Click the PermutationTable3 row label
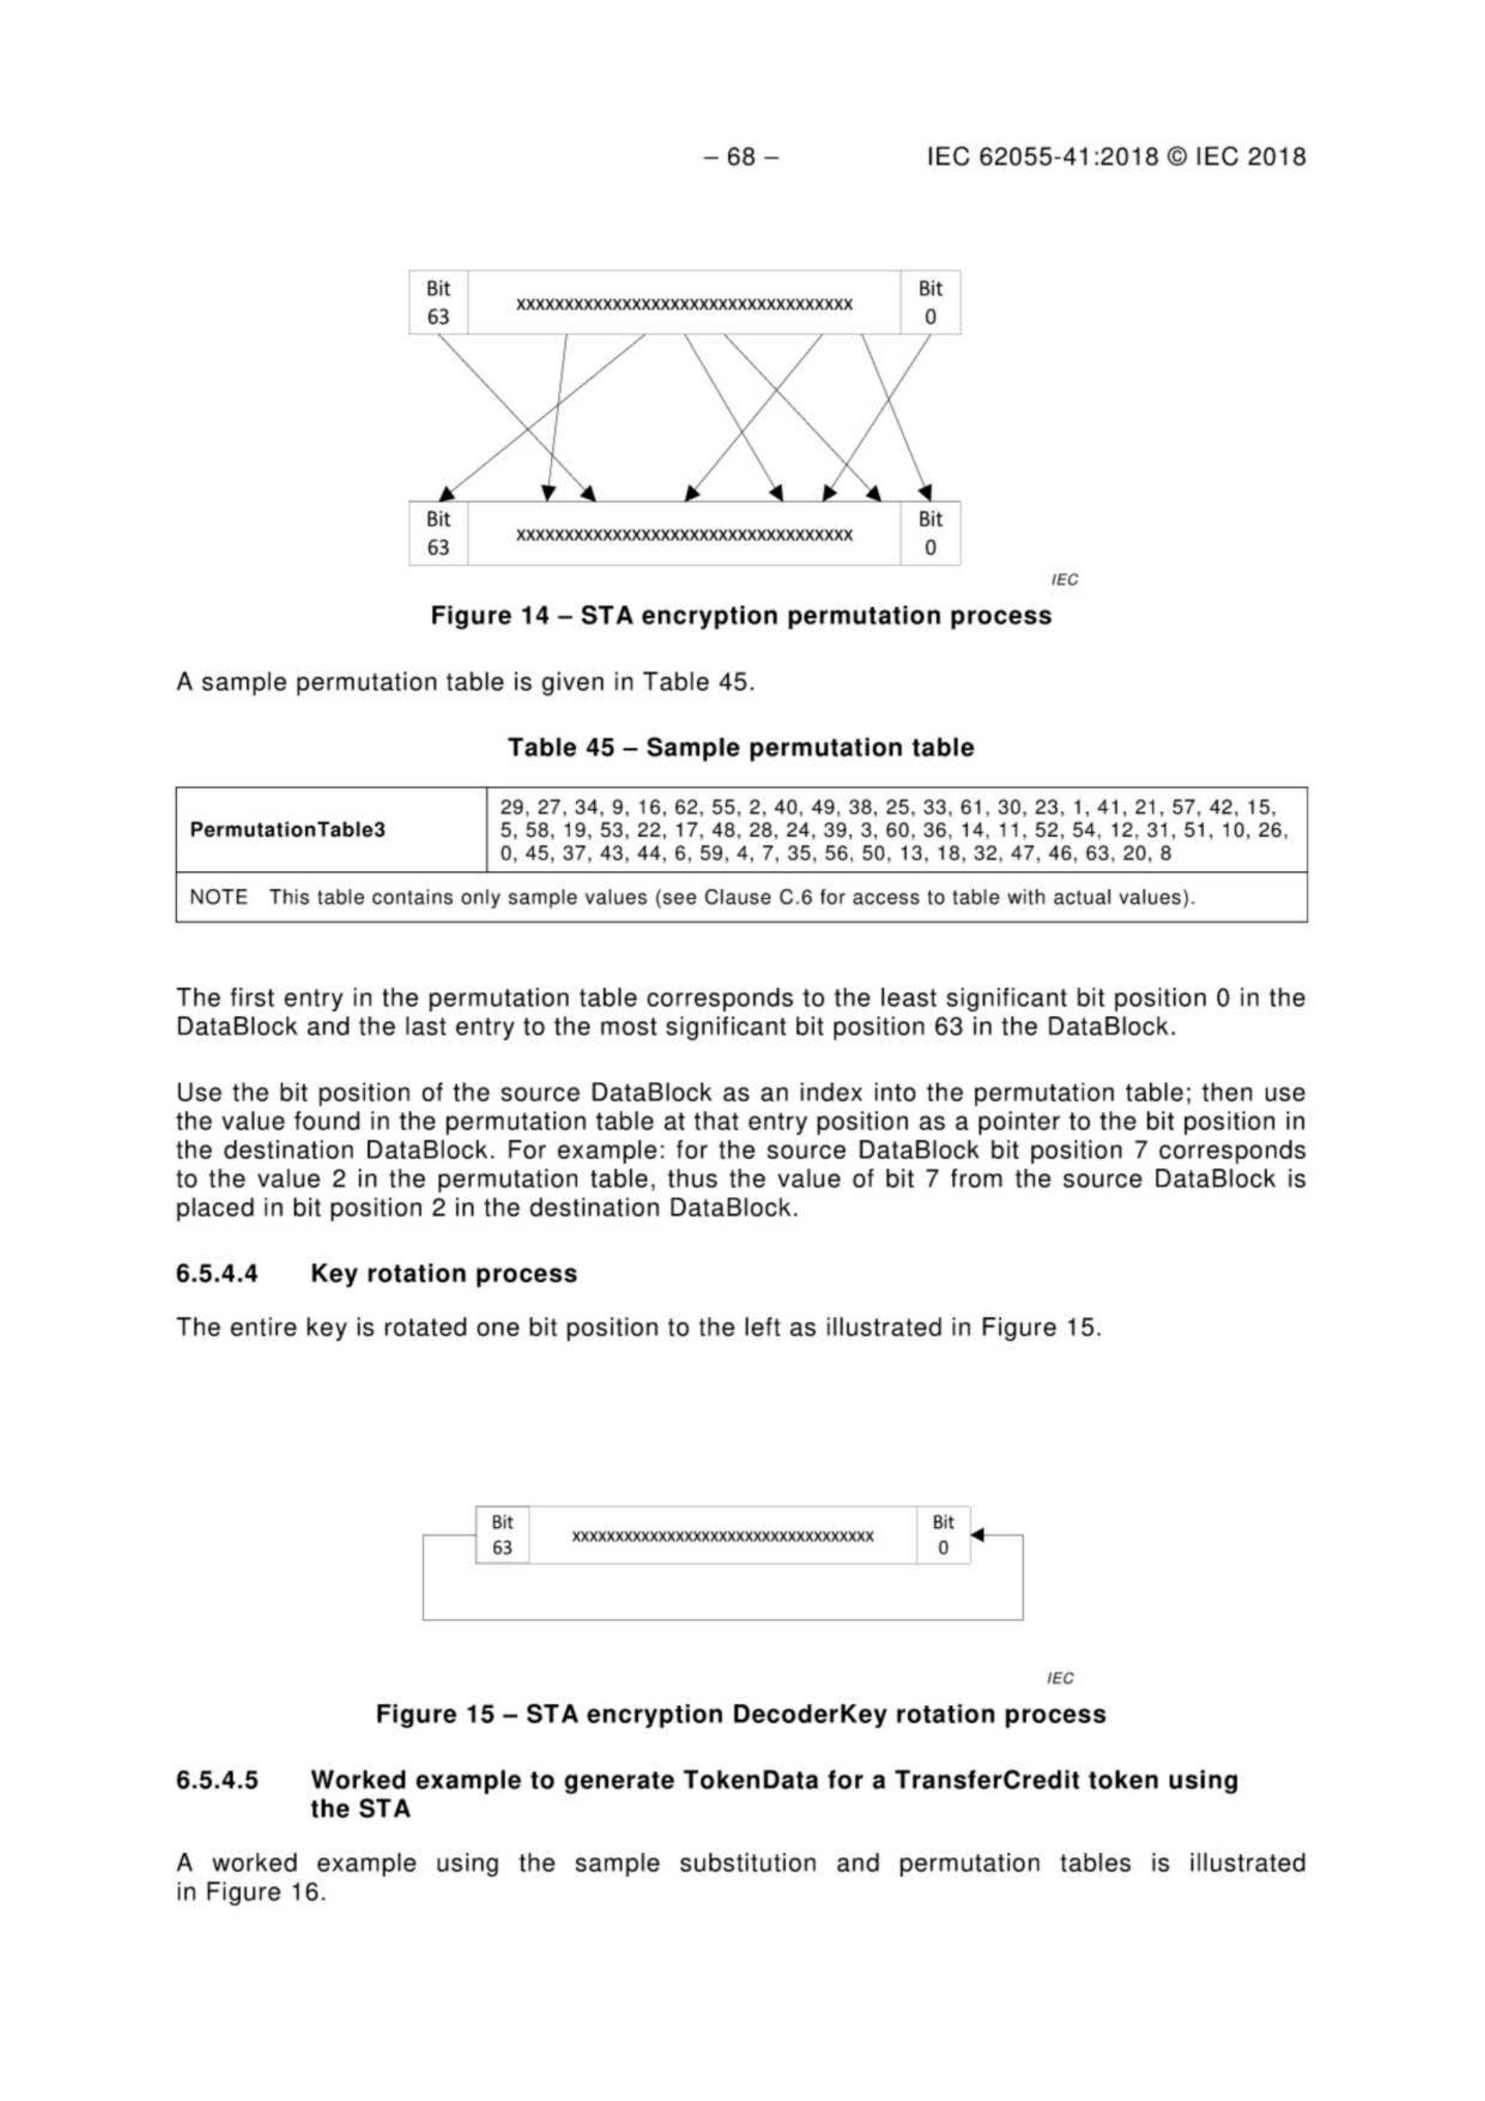[287, 830]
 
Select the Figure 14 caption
[741, 616]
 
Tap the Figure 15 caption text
[741, 1714]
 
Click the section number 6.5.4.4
[217, 1274]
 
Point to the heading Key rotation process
[444, 1274]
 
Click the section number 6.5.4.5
[217, 1780]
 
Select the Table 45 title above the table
[741, 747]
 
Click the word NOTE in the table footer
[218, 897]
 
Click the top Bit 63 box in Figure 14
[438, 302]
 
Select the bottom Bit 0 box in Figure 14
[930, 533]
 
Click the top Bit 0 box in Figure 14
[930, 302]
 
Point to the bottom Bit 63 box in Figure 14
[438, 533]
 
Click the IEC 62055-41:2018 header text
[1116, 157]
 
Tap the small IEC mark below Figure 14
[1065, 579]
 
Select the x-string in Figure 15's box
[723, 1536]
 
